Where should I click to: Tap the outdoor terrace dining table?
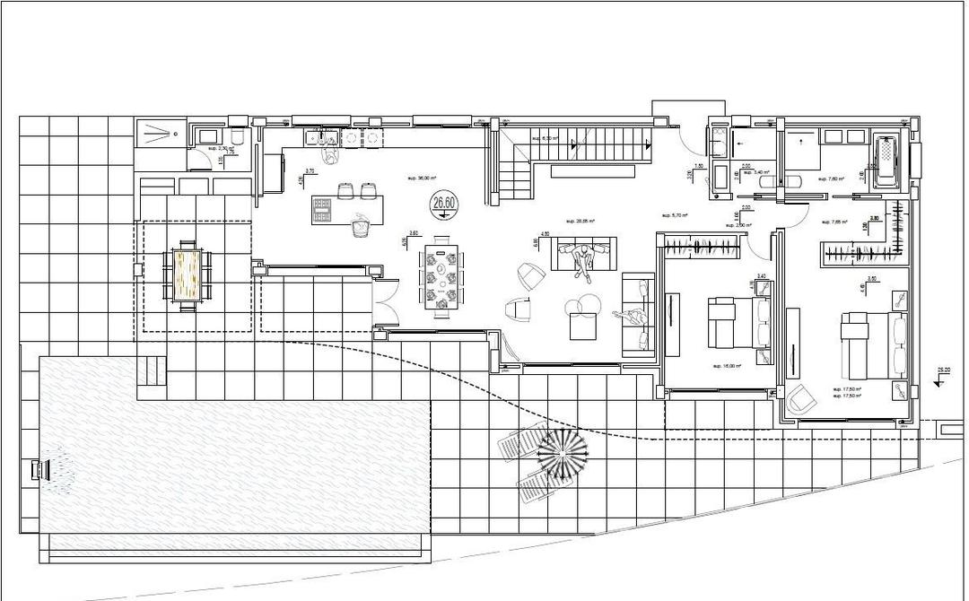point(189,274)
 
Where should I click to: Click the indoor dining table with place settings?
point(442,276)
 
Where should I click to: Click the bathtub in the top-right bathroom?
point(887,161)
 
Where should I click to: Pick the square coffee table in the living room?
point(584,327)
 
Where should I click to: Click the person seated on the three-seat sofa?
point(585,260)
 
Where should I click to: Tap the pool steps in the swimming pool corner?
point(153,369)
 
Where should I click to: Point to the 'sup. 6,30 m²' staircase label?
point(545,138)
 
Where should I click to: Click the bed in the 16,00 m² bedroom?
point(739,323)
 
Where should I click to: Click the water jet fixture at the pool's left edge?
point(39,470)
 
